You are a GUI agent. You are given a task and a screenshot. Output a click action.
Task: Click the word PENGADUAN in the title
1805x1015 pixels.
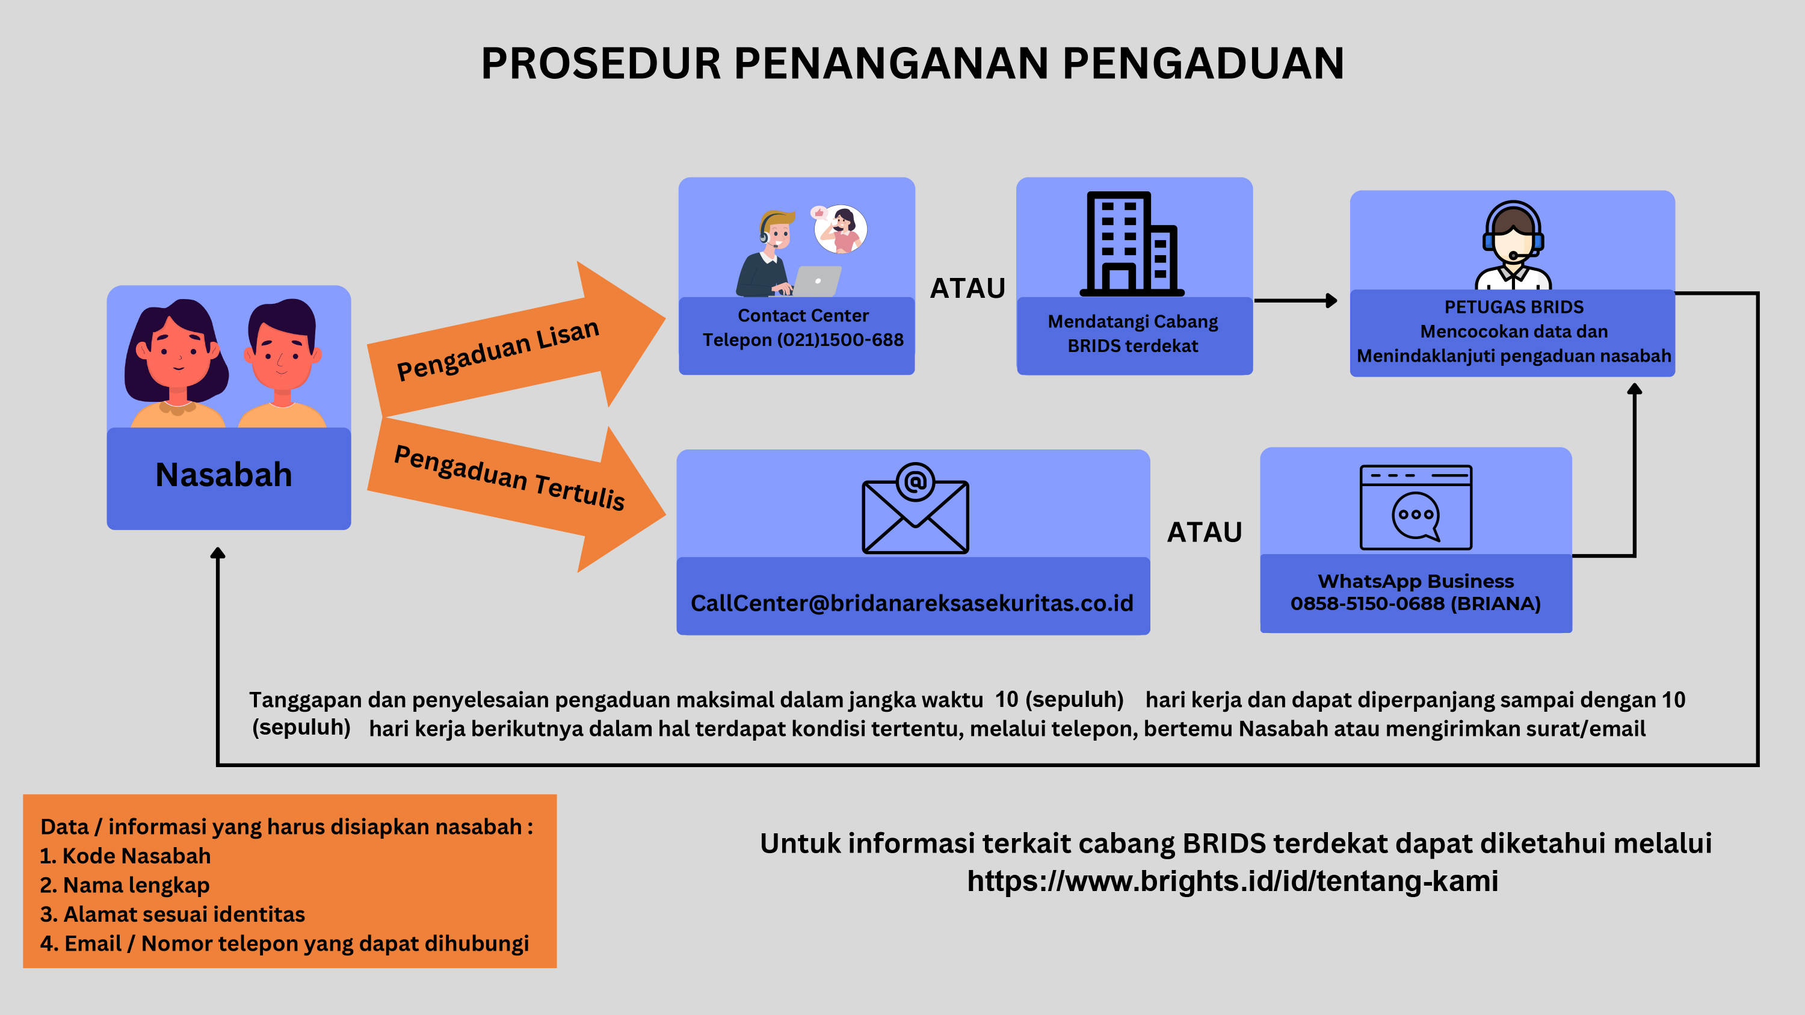(x=1203, y=64)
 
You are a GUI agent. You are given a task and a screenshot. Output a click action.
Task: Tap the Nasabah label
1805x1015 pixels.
(x=224, y=475)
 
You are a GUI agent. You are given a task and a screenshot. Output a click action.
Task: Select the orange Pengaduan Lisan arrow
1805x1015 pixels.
(x=516, y=339)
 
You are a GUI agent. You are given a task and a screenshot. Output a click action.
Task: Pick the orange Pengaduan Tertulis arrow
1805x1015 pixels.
(x=516, y=494)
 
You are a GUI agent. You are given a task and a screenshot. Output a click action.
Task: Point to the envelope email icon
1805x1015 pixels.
(x=915, y=508)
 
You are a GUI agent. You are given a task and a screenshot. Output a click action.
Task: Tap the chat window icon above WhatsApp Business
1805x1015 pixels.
(x=1415, y=507)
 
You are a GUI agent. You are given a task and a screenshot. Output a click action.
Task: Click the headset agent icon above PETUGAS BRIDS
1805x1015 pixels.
(x=1513, y=245)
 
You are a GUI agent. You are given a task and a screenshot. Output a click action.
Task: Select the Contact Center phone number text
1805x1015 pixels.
(x=803, y=340)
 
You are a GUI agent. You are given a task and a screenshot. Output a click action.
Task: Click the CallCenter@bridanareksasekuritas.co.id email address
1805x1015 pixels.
(x=912, y=603)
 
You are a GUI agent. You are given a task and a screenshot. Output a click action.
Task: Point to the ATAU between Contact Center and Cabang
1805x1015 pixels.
(x=967, y=288)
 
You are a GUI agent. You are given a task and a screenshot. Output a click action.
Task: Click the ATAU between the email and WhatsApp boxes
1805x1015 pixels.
(x=1204, y=532)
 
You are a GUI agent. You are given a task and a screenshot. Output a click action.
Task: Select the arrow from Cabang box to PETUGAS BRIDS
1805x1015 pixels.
(x=1295, y=300)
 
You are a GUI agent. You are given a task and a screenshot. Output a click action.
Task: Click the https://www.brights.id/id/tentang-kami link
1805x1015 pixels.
(x=1233, y=880)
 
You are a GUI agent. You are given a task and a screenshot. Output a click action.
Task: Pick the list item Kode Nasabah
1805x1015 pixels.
(x=125, y=856)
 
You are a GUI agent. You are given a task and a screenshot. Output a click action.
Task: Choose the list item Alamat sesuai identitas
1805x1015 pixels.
(x=172, y=914)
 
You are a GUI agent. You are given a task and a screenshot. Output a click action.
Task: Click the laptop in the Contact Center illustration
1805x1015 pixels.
(x=816, y=281)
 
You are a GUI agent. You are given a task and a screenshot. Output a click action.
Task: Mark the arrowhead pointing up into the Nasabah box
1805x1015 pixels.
(x=218, y=553)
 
